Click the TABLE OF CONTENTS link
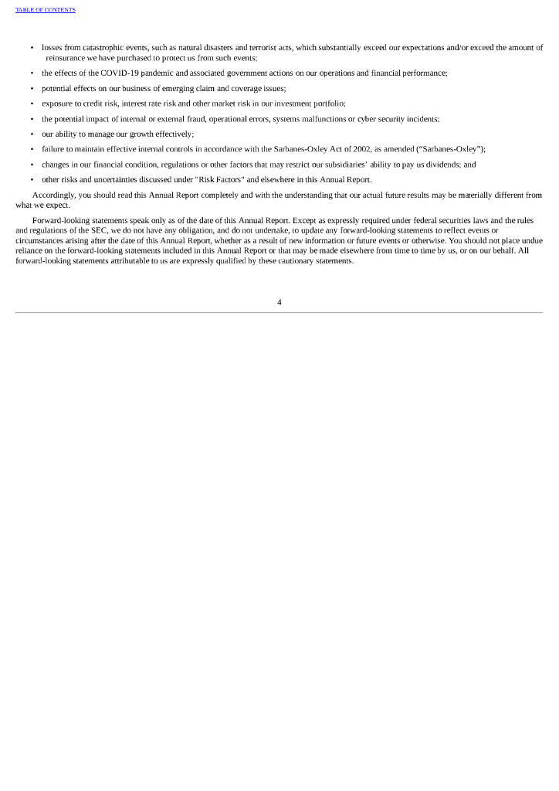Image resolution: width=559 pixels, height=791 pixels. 46,10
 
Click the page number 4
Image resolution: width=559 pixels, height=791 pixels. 279,302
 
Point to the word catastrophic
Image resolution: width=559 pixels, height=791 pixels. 90,48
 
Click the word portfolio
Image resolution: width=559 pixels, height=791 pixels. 329,104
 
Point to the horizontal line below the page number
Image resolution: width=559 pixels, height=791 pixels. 279,313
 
